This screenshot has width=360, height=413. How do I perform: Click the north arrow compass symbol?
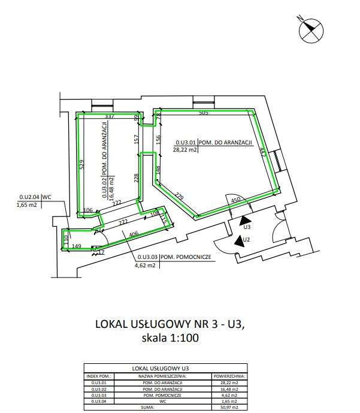tap(311, 28)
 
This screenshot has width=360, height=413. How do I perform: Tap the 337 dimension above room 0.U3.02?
tap(109, 116)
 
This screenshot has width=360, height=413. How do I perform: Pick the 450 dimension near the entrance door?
tap(236, 200)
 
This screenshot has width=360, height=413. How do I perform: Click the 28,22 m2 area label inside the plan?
tap(185, 150)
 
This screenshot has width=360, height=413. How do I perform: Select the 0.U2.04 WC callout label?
tap(40, 196)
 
